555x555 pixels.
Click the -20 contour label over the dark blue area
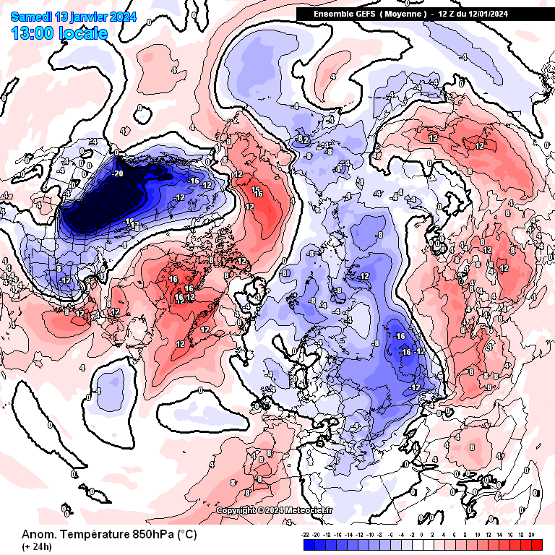click(119, 173)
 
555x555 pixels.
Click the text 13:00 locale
click(59, 33)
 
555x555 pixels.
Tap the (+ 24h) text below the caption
click(35, 546)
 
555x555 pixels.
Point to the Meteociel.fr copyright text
click(275, 510)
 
